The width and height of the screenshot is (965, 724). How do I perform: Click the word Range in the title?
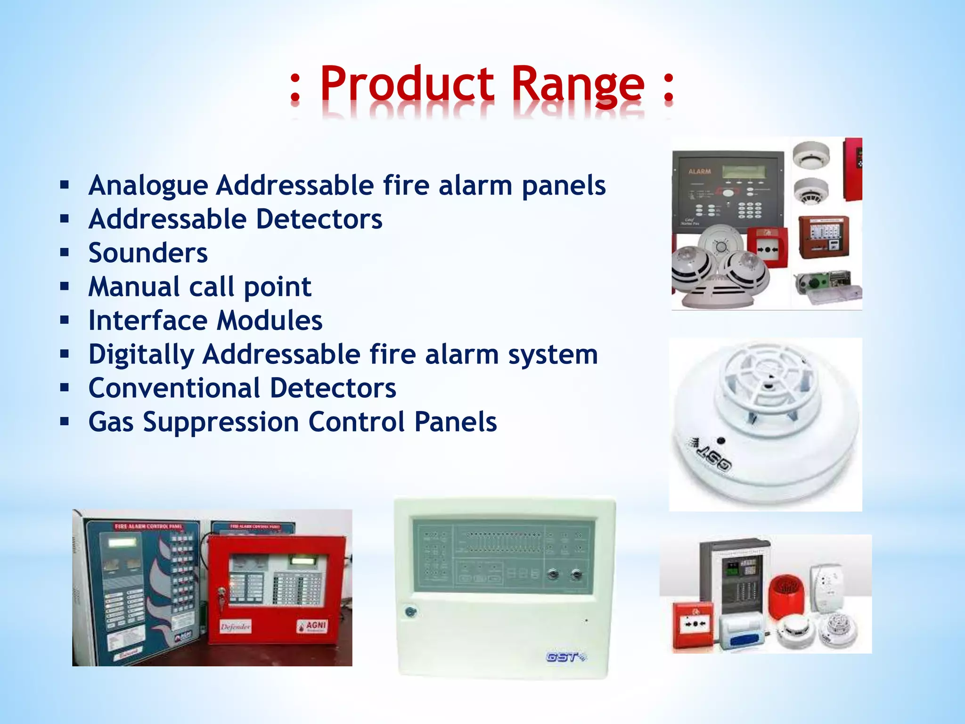tap(578, 85)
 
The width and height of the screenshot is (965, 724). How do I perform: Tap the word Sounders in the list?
tap(148, 253)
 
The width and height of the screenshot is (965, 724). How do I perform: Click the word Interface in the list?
tap(148, 321)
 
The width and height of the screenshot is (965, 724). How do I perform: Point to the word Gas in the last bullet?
tap(111, 422)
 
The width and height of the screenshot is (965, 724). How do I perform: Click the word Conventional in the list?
tap(174, 388)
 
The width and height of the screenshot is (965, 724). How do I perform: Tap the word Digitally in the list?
tap(141, 354)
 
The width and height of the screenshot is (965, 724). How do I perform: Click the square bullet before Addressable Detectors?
tap(65, 219)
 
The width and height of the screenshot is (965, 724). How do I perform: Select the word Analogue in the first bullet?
tap(148, 185)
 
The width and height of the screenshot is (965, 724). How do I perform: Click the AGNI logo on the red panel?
tap(312, 626)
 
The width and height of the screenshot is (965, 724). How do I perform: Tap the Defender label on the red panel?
tap(236, 627)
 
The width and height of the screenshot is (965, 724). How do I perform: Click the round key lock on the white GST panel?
tap(411, 612)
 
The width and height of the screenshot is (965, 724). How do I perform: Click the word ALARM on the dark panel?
tap(699, 172)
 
